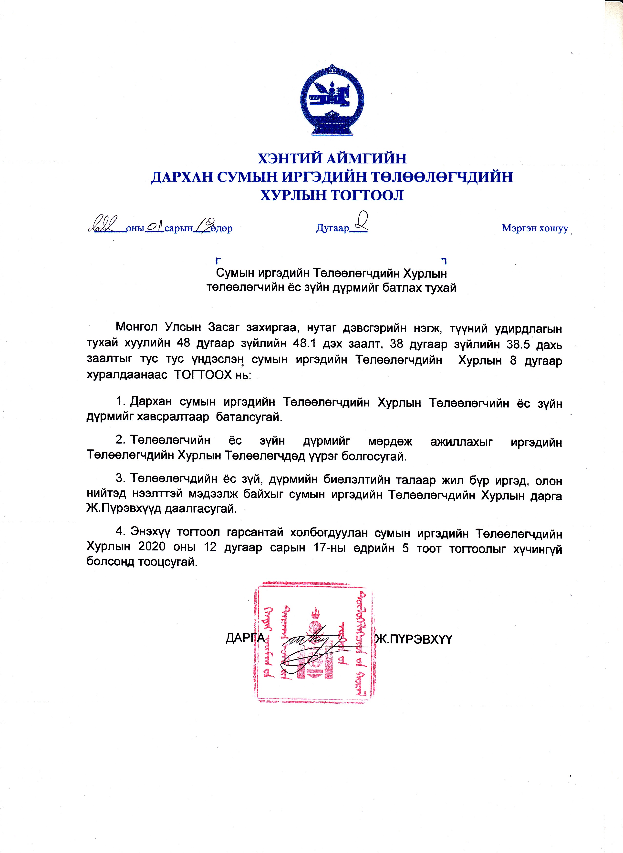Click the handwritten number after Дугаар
(360, 221)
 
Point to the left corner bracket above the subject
(218, 260)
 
